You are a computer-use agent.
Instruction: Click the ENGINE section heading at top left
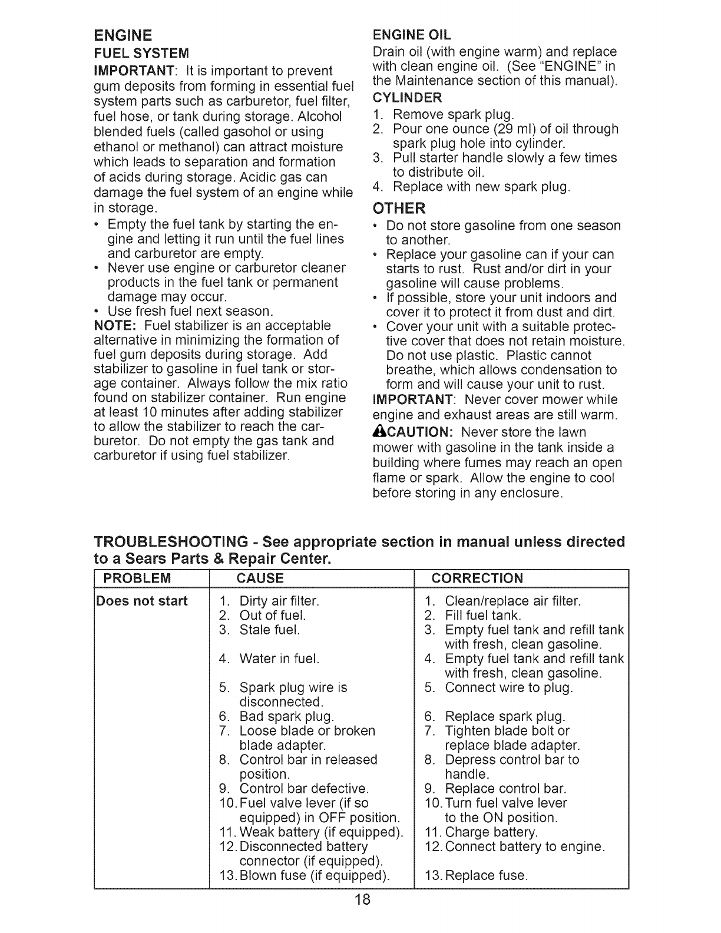[123, 35]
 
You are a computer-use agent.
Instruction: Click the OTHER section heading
[399, 209]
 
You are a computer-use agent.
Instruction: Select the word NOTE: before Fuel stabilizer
[116, 326]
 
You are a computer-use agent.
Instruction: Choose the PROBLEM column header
[137, 578]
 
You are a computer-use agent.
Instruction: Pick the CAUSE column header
[260, 578]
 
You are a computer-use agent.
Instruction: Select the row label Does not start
[142, 601]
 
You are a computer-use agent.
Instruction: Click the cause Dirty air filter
[279, 601]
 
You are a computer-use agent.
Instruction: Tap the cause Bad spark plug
[286, 717]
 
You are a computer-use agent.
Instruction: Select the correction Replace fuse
[485, 875]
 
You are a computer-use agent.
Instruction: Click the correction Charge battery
[491, 832]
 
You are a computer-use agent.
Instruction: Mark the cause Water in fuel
[279, 659]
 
